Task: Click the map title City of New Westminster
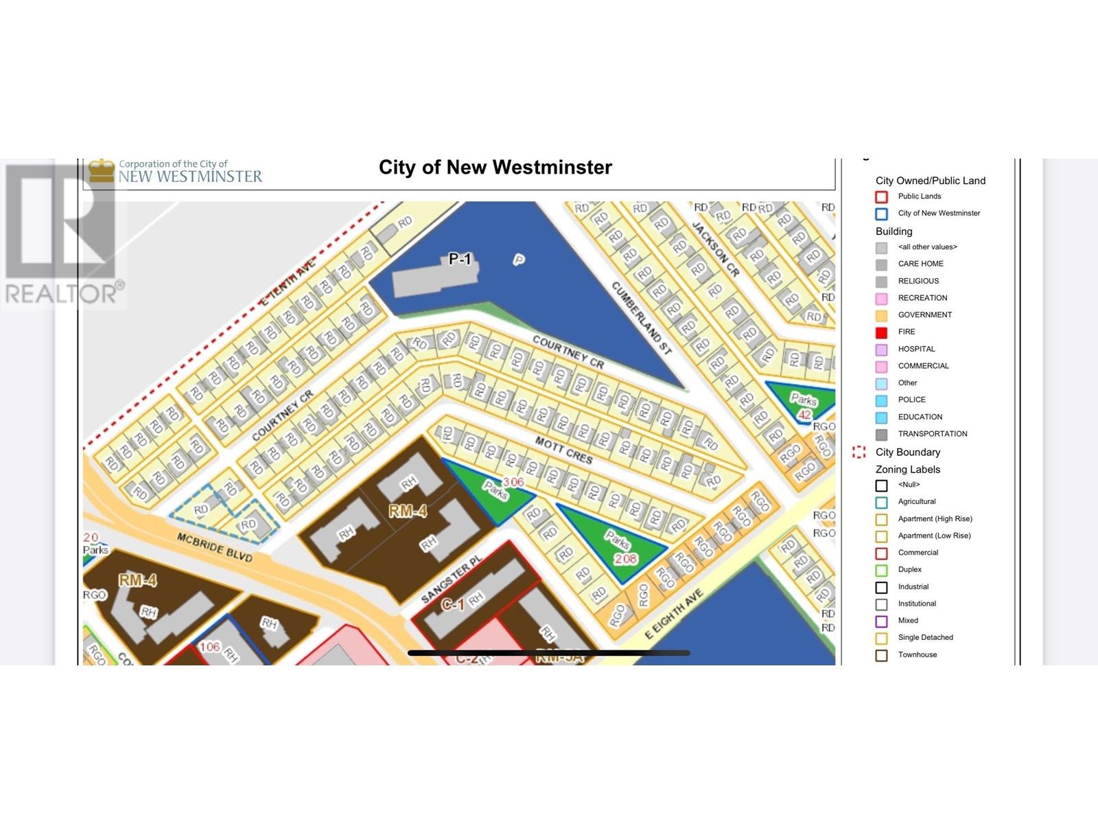coord(495,168)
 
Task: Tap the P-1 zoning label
coord(460,259)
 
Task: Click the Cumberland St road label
coord(641,317)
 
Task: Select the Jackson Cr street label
coord(716,249)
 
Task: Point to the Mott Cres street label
coord(563,451)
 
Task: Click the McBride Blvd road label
coord(214,547)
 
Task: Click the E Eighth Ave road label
coord(674,614)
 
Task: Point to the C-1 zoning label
coord(452,604)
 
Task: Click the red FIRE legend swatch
coord(881,332)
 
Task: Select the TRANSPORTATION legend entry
coord(932,434)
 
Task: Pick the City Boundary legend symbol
coord(858,452)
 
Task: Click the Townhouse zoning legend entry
coord(917,655)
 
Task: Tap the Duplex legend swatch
coord(881,570)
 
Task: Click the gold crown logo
coord(102,171)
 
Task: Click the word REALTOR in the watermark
coord(60,294)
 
